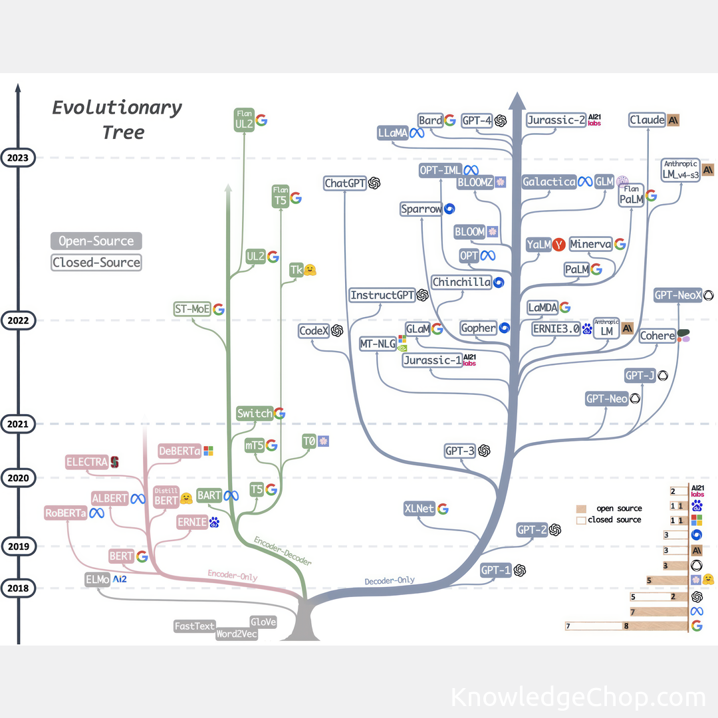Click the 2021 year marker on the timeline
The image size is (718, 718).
[19, 423]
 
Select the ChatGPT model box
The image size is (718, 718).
[345, 183]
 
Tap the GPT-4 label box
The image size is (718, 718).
[476, 120]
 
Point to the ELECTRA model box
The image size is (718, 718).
[87, 462]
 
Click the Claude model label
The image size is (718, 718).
[647, 120]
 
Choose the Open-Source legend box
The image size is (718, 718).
[96, 241]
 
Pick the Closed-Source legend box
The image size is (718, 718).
[96, 263]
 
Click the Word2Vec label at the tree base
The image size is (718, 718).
[236, 634]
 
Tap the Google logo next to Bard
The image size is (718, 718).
[450, 120]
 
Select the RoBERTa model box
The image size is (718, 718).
[66, 513]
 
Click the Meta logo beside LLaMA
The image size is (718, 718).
[417, 132]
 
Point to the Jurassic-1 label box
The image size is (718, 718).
[432, 360]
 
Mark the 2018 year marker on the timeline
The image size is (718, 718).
[19, 588]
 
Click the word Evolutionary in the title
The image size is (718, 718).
[117, 108]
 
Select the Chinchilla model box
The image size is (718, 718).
[461, 283]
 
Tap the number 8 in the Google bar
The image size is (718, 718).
[626, 626]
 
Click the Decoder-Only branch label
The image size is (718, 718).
[390, 581]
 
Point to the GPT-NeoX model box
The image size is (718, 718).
[677, 295]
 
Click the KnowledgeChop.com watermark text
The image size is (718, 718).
[577, 697]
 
